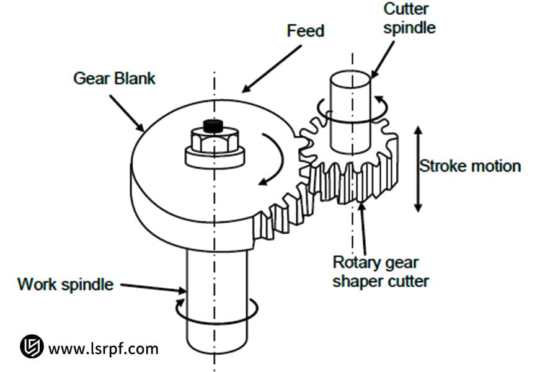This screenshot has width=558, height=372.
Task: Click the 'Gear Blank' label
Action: pyautogui.click(x=114, y=79)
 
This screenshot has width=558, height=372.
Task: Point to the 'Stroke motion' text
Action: pyautogui.click(x=470, y=166)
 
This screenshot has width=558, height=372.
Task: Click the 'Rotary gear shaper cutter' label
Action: pyautogui.click(x=381, y=272)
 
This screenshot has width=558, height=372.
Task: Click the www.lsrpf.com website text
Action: pyautogui.click(x=103, y=348)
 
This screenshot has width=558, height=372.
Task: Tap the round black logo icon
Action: pyautogui.click(x=31, y=347)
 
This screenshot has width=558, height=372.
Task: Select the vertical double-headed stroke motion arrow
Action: pyautogui.click(x=418, y=169)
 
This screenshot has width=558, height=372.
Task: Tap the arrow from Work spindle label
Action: pyautogui.click(x=153, y=287)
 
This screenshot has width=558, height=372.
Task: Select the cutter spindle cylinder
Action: pyautogui.click(x=350, y=112)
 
